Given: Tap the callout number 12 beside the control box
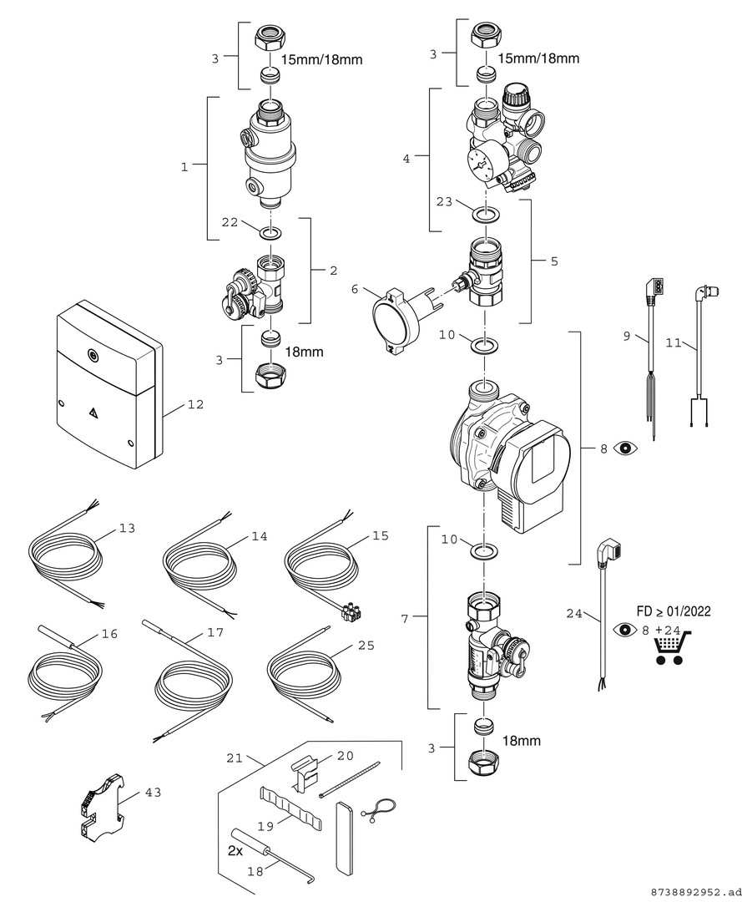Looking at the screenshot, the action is click(195, 404).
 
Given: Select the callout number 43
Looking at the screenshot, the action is click(153, 793).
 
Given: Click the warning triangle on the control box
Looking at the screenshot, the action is click(93, 412).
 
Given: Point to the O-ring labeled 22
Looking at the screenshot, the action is click(269, 234).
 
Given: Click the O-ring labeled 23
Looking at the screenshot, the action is click(487, 215).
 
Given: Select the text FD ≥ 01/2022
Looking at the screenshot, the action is click(673, 611).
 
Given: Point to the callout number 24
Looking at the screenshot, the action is click(573, 614).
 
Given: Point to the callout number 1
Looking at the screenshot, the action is click(184, 167).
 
